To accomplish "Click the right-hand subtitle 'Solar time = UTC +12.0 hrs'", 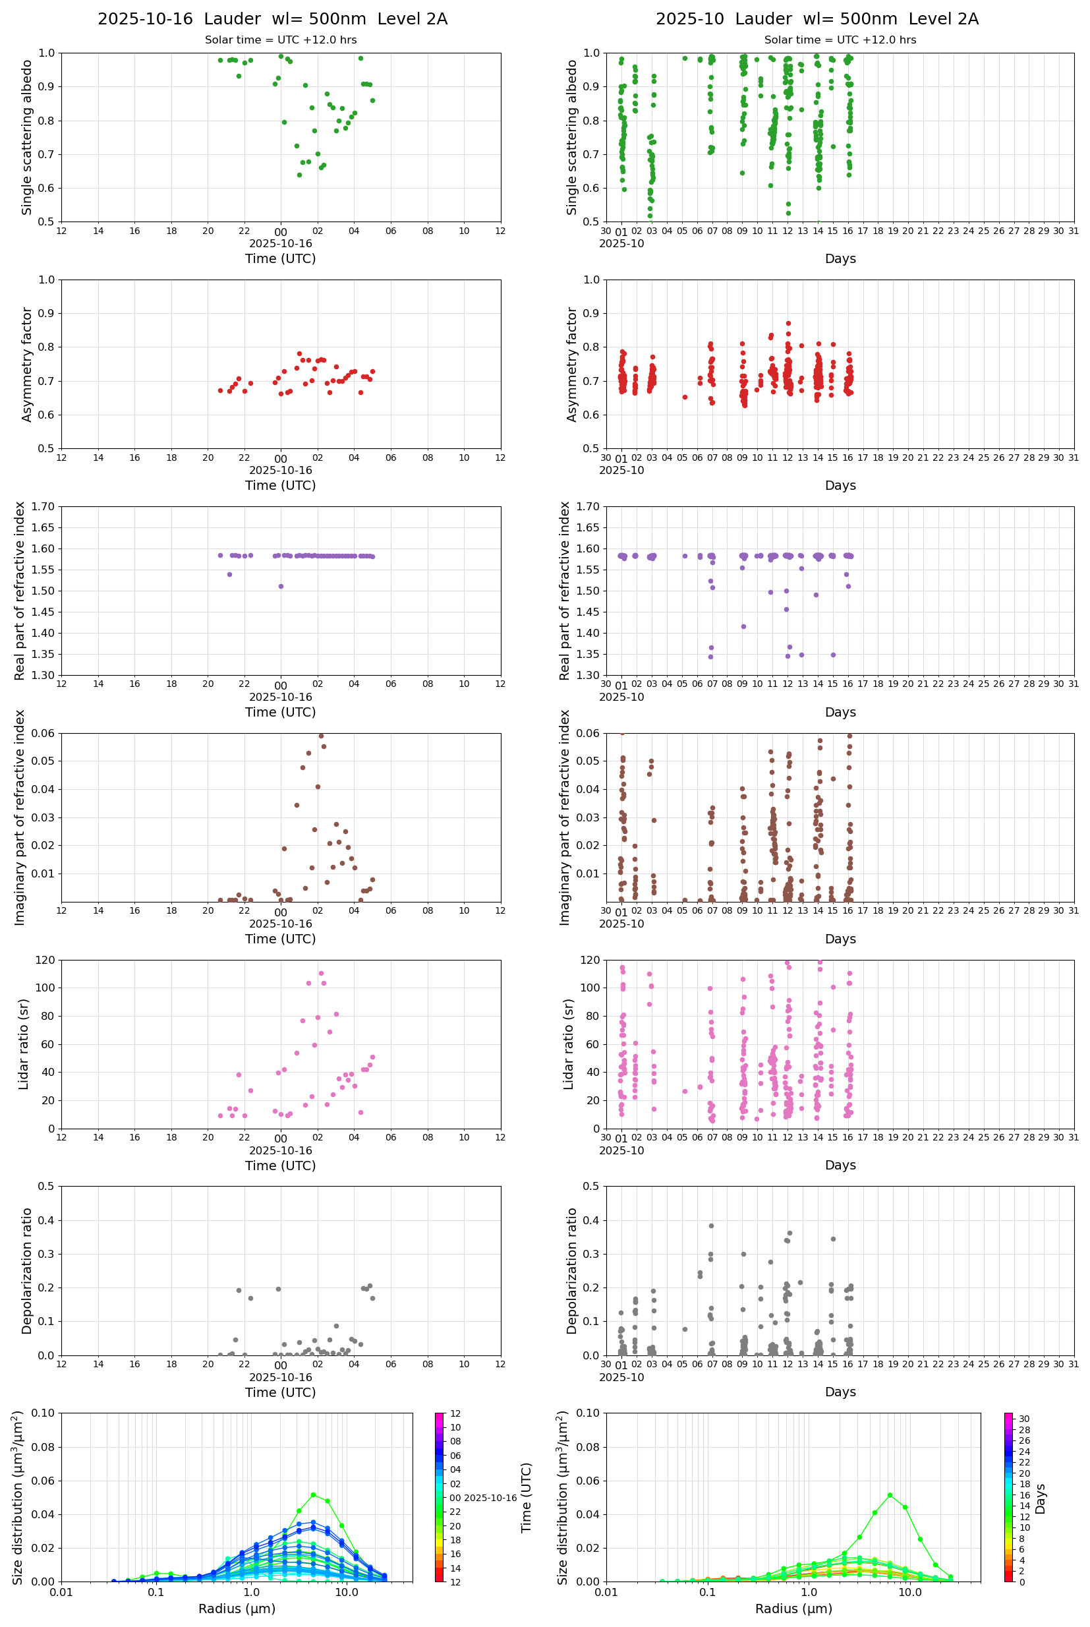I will pyautogui.click(x=840, y=40).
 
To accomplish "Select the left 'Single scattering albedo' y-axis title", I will pyautogui.click(x=27, y=137).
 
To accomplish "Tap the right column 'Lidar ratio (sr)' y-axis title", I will pyautogui.click(x=569, y=1044).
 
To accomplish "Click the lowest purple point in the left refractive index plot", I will pyautogui.click(x=281, y=586).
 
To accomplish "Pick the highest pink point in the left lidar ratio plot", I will pyautogui.click(x=321, y=974).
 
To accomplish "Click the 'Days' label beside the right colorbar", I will pyautogui.click(x=1040, y=1498).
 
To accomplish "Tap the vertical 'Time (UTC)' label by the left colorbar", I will pyautogui.click(x=527, y=1498).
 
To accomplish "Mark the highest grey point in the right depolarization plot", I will pyautogui.click(x=711, y=1226).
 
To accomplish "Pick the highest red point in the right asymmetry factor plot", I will pyautogui.click(x=788, y=323).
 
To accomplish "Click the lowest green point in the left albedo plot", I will pyautogui.click(x=300, y=175).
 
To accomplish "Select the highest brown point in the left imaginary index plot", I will pyautogui.click(x=320, y=735).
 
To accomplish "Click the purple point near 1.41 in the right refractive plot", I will pyautogui.click(x=743, y=626).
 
